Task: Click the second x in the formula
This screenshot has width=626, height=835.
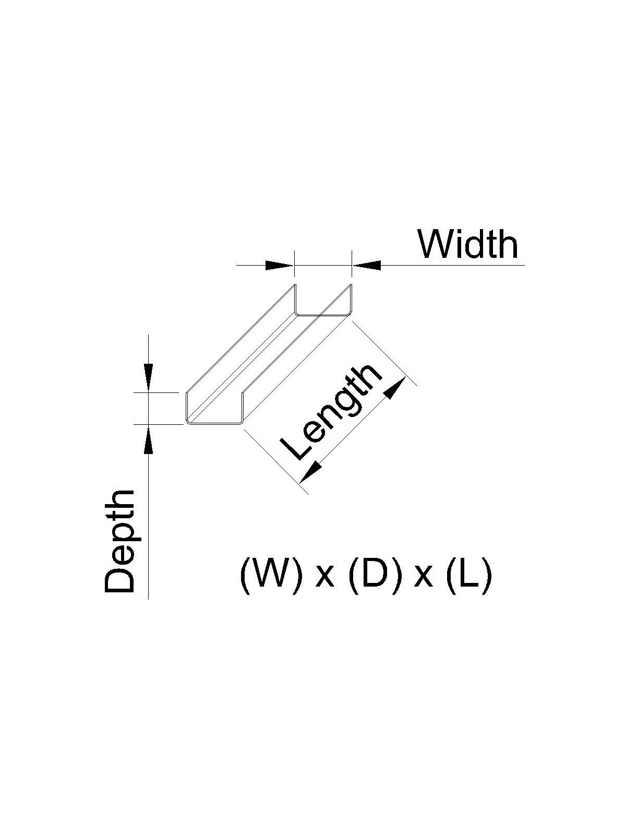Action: pos(423,579)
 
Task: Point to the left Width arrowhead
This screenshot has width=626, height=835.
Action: pos(280,266)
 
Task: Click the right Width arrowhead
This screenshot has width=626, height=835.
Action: pos(367,266)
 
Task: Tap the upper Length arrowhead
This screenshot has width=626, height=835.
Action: pos(395,388)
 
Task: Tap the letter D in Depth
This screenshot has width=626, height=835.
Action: pos(119,578)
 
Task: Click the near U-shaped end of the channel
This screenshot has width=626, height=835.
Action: pos(214,410)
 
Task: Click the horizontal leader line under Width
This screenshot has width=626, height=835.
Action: pos(449,266)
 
